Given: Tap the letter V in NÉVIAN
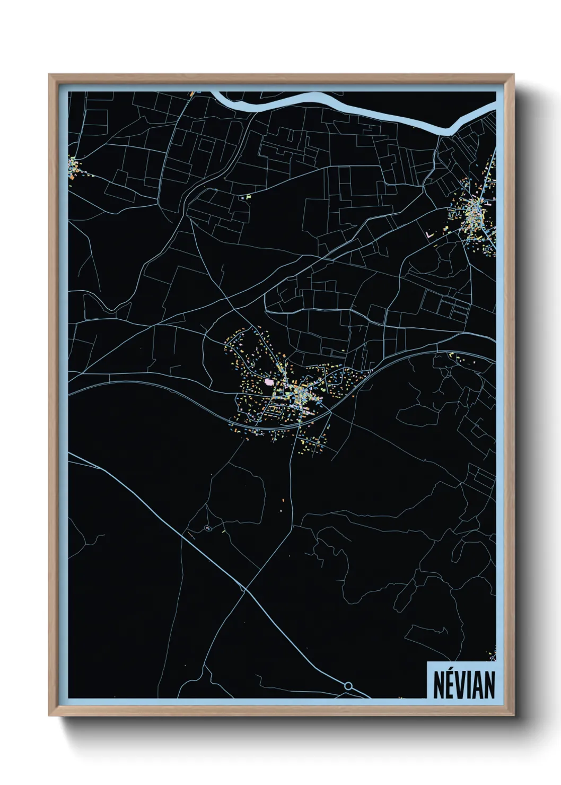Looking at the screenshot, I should pyautogui.click(x=461, y=685).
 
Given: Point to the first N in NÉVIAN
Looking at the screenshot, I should pyautogui.click(x=440, y=685).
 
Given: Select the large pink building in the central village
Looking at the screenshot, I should pyautogui.click(x=269, y=381).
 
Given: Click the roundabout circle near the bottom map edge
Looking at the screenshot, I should pyautogui.click(x=348, y=686).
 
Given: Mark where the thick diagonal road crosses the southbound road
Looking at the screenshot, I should pyautogui.click(x=244, y=589).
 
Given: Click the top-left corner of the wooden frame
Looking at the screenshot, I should pyautogui.click(x=50, y=75).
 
